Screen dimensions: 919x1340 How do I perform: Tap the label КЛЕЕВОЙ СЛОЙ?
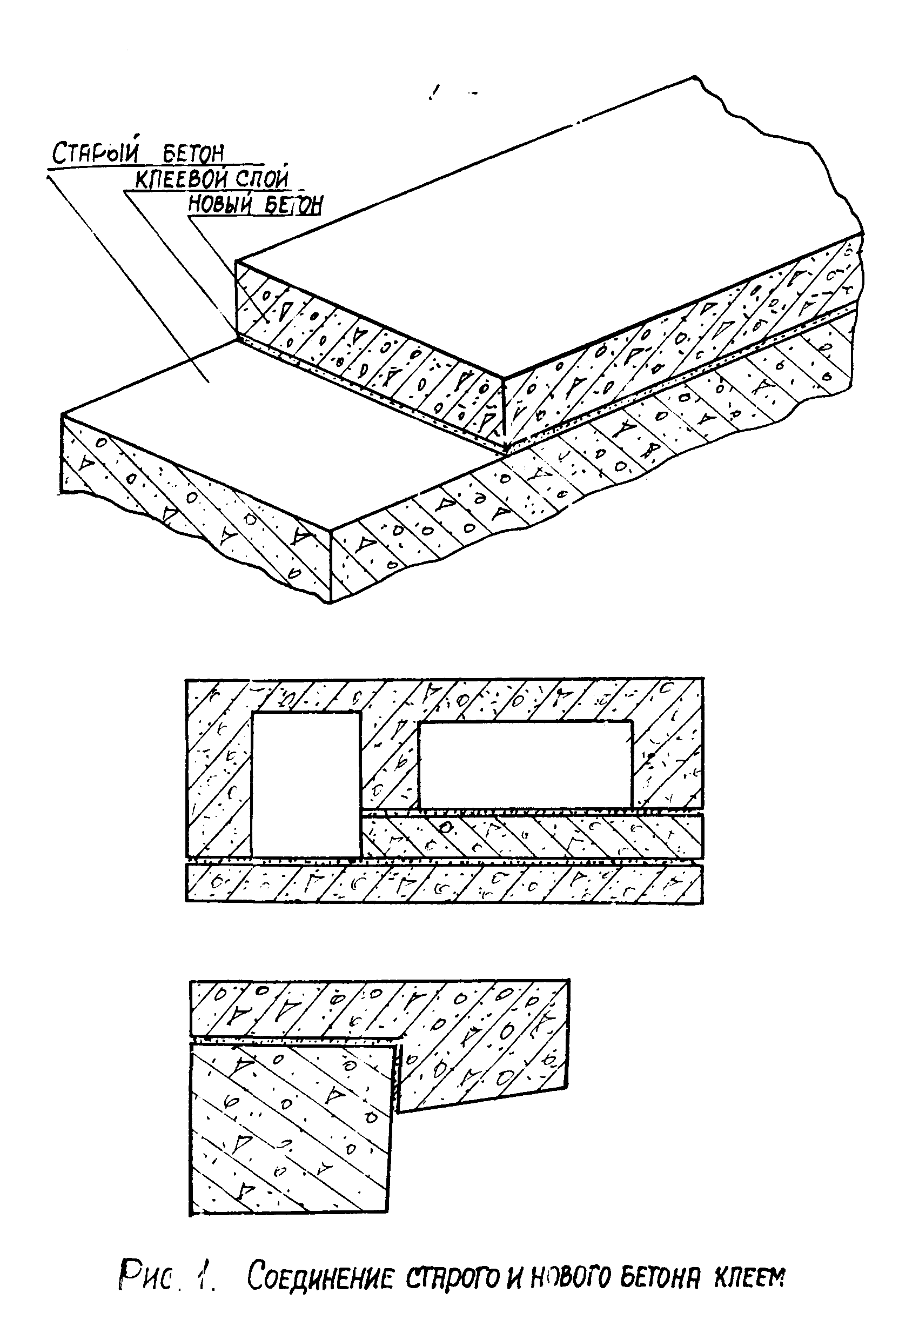[x=212, y=179]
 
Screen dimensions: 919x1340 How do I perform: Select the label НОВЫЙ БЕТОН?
[x=256, y=205]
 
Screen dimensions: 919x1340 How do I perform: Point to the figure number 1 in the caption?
[x=205, y=1275]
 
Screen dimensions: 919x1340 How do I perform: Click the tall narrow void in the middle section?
[x=306, y=784]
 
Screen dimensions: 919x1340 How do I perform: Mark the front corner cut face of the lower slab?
[x=196, y=507]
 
